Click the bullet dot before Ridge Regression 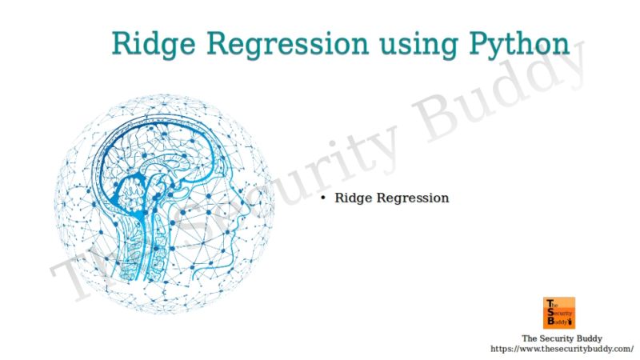(x=322, y=198)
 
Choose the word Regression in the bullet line (x=413, y=198)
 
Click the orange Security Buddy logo (x=558, y=313)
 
